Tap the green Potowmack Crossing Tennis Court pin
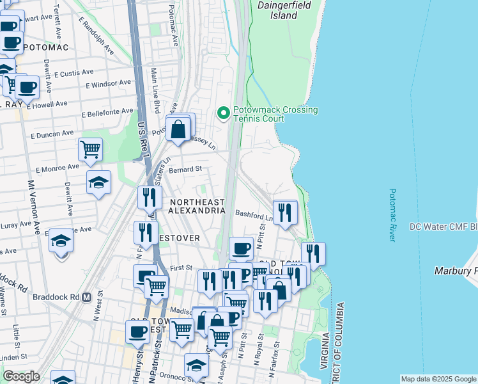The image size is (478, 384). click(x=223, y=113)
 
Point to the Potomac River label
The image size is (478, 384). click(x=392, y=214)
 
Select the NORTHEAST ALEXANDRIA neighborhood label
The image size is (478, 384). click(x=197, y=206)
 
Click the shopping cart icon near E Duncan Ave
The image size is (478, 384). click(x=90, y=150)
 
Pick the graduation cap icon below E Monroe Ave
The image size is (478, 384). click(x=98, y=183)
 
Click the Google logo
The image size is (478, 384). click(x=21, y=376)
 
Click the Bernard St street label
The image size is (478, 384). click(x=185, y=170)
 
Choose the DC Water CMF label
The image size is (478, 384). click(x=443, y=227)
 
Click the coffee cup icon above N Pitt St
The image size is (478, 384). click(x=241, y=248)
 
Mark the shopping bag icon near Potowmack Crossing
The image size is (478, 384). click(x=180, y=129)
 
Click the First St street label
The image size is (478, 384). click(x=181, y=268)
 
